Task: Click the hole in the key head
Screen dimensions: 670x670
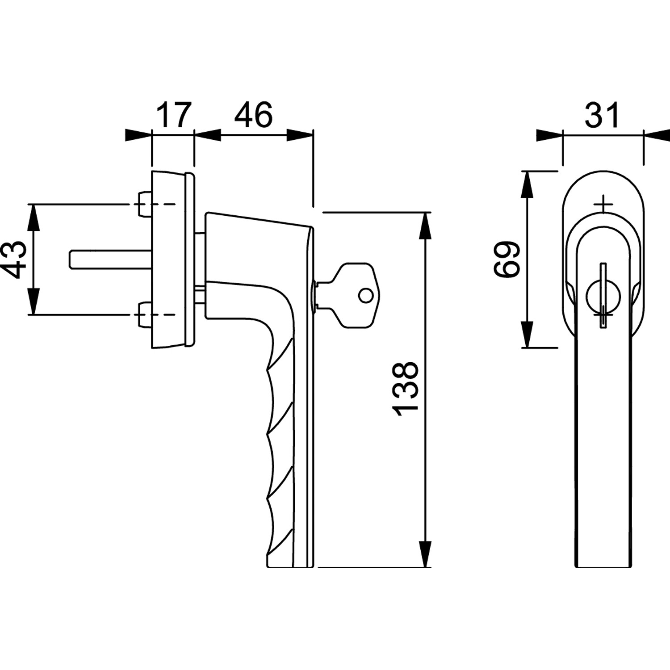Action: pyautogui.click(x=366, y=295)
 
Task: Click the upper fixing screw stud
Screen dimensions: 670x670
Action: pyautogui.click(x=144, y=205)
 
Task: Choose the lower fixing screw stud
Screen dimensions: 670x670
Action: pyautogui.click(x=144, y=314)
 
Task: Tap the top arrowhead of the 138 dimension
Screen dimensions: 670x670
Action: pyautogui.click(x=425, y=223)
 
